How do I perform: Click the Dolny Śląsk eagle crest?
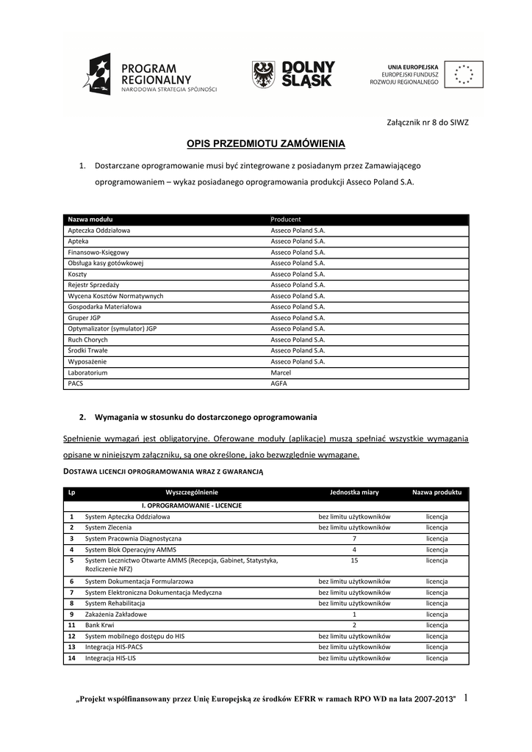click(264, 74)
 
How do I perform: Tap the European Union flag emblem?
click(464, 74)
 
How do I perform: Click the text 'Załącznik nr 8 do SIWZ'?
click(427, 122)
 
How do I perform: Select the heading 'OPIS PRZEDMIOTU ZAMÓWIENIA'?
click(265, 144)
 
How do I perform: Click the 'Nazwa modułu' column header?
click(90, 219)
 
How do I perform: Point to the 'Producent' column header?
click(286, 219)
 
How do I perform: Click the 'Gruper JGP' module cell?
click(85, 318)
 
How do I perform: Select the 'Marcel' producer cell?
click(281, 373)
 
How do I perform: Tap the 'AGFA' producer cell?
click(278, 383)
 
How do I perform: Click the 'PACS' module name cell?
click(76, 383)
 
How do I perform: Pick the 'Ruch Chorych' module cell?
click(87, 340)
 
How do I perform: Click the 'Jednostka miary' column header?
click(354, 492)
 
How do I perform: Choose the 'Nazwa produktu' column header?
click(436, 492)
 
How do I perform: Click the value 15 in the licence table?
click(354, 560)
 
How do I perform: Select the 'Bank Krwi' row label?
click(99, 625)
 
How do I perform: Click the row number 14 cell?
click(71, 658)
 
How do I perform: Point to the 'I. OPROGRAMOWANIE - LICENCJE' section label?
click(192, 505)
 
